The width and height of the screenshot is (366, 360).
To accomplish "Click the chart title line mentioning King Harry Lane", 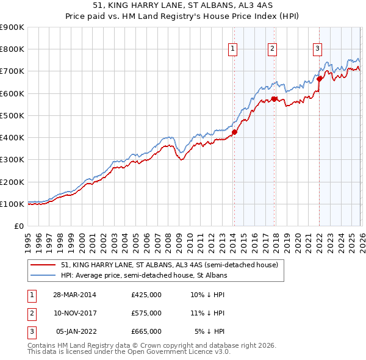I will click(x=182, y=5).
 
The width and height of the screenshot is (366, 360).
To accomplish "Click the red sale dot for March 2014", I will click(x=234, y=132).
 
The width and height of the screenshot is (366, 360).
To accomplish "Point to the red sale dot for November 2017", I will click(x=274, y=99).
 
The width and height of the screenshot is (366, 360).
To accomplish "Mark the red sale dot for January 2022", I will click(x=319, y=79).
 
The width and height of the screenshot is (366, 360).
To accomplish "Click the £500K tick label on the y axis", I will click(x=12, y=115).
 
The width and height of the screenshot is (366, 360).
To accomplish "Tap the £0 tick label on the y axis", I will click(x=18, y=226).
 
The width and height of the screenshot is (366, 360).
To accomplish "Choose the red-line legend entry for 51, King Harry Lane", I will click(x=170, y=265).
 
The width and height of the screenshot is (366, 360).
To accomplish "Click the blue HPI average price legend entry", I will click(x=144, y=275).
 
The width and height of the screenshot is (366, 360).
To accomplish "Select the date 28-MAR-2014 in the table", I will click(x=75, y=295).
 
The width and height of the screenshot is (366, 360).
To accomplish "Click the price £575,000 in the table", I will click(x=146, y=313).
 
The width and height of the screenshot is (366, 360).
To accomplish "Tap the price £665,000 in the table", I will click(x=146, y=331).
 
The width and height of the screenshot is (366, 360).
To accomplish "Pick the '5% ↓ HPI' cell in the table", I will click(x=210, y=331).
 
